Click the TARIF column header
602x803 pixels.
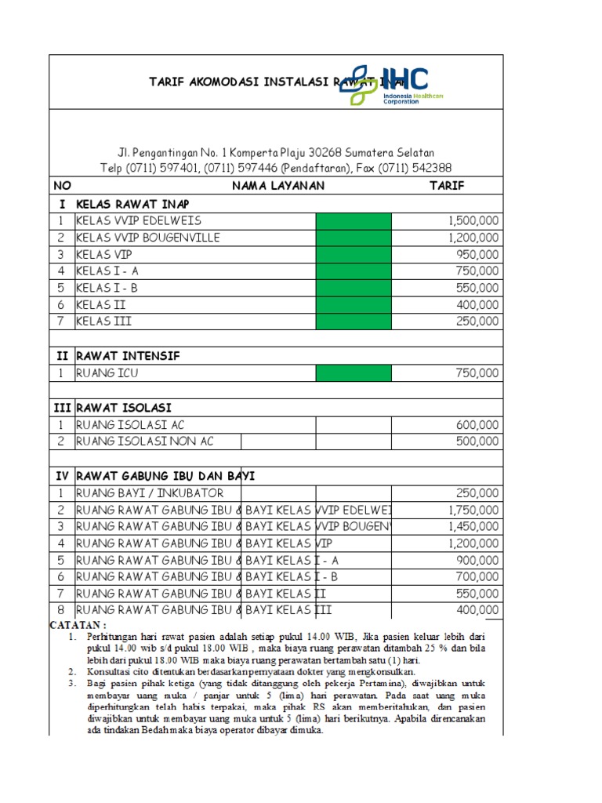click(446, 186)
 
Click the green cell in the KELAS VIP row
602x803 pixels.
click(354, 255)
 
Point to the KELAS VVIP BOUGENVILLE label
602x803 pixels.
click(148, 238)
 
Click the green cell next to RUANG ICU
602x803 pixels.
click(354, 373)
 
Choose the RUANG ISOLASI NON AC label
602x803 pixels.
click(145, 441)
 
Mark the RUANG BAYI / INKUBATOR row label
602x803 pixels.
click(150, 493)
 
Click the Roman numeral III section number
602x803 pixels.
click(62, 408)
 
